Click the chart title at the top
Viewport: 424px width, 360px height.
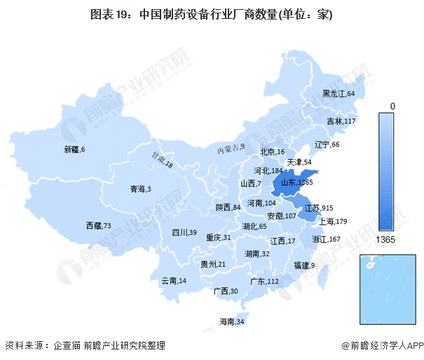(x=211, y=14)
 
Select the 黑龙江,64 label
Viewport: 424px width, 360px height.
(x=338, y=94)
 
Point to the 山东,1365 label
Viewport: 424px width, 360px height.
(x=296, y=183)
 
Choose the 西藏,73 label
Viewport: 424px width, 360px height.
(x=98, y=226)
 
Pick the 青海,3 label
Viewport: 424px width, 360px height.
(x=140, y=189)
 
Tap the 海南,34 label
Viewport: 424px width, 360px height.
(x=231, y=321)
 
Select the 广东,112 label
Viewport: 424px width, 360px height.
(x=264, y=282)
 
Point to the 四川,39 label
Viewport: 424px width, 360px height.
(x=184, y=233)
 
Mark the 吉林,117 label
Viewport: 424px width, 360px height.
(x=341, y=121)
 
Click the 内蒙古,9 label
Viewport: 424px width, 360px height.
(x=231, y=148)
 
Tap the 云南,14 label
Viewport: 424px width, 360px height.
(x=173, y=281)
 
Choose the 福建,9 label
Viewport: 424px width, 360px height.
(x=304, y=265)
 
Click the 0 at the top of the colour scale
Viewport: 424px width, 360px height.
(x=392, y=105)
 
